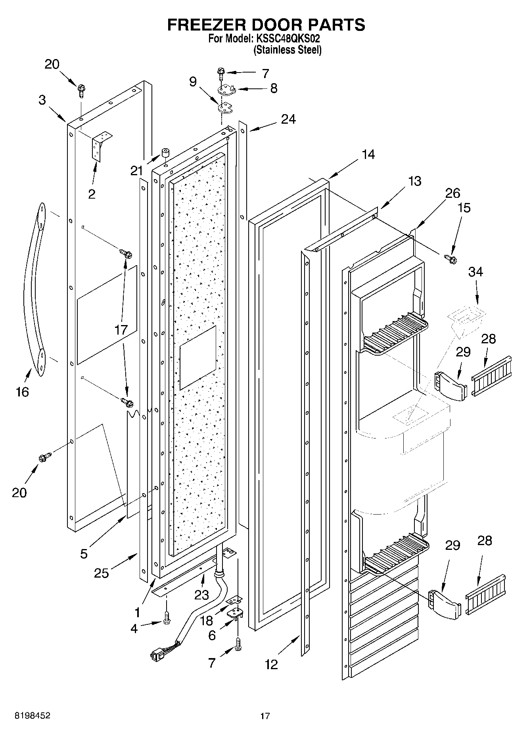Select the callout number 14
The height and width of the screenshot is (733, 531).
click(x=368, y=154)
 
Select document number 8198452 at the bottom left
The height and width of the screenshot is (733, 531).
click(x=33, y=716)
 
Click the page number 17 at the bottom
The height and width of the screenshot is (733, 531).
click(x=265, y=716)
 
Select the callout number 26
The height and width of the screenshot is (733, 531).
click(x=452, y=193)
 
